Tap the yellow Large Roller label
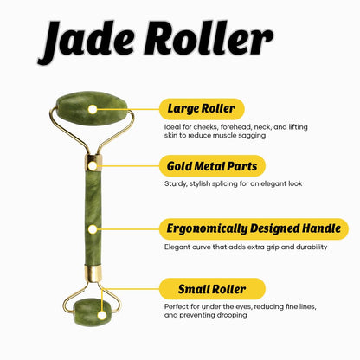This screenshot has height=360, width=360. pyautogui.click(x=202, y=109)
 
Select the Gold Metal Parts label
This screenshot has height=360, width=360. pyautogui.click(x=212, y=166)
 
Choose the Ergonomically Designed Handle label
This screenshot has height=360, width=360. pyautogui.click(x=254, y=228)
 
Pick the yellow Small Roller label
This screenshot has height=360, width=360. pyautogui.click(x=212, y=289)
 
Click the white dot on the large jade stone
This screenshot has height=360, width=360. pyautogui.click(x=93, y=109)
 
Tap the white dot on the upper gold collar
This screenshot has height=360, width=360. pyautogui.click(x=93, y=166)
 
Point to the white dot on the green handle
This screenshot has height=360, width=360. pyautogui.click(x=93, y=229)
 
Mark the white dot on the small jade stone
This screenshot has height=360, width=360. pyautogui.click(x=102, y=315)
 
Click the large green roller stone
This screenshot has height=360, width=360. pyautogui.click(x=92, y=108)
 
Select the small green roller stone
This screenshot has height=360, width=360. pyautogui.click(x=93, y=312)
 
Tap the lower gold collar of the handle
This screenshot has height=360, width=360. pyautogui.click(x=93, y=273)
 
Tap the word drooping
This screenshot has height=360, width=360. pyautogui.click(x=232, y=315)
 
